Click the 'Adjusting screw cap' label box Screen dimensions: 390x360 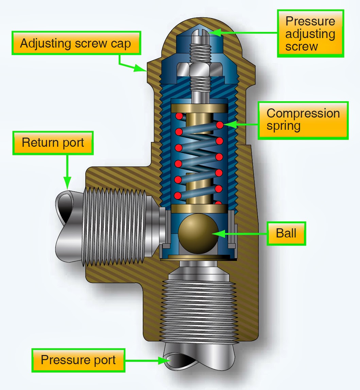(76, 43)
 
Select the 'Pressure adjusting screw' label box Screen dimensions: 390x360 (310, 34)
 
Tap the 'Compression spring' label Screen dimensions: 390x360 (303, 120)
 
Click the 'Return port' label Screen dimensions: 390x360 (53, 143)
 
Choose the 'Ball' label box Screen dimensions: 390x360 (286, 233)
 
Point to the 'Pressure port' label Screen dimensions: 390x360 (78, 360)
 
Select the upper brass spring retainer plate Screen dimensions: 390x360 (199, 108)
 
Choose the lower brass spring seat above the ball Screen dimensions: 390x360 (199, 208)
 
